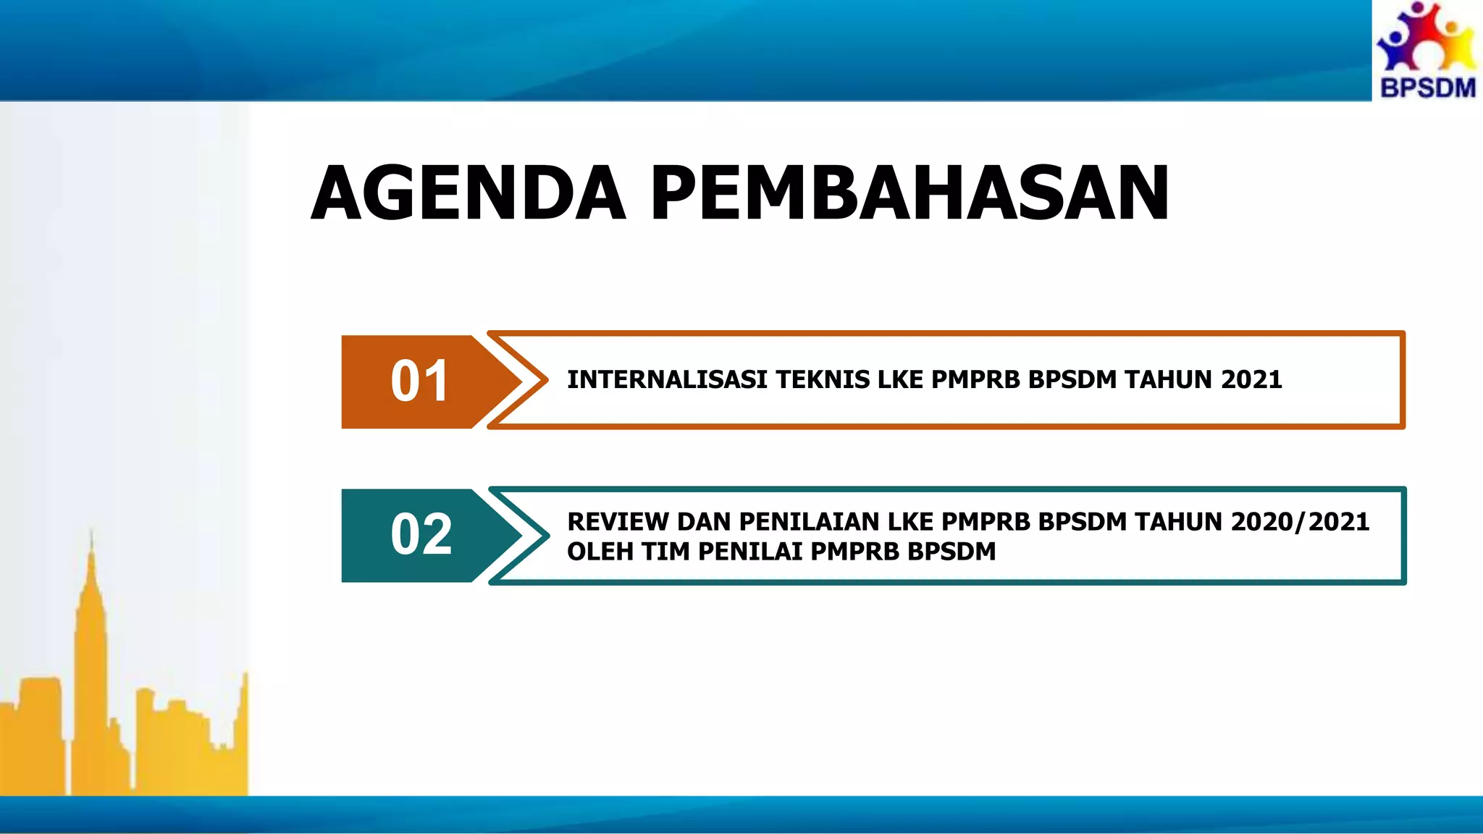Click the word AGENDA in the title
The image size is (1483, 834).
point(468,193)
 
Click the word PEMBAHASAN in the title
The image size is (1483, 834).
point(909,193)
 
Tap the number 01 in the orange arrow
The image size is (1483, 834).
point(420,382)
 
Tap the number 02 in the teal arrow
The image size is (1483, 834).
point(421,535)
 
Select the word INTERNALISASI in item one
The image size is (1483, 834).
point(667,380)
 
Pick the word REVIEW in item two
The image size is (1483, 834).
point(618,522)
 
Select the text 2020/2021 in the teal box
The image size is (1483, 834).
point(1300,522)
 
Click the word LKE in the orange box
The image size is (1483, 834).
point(900,380)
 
